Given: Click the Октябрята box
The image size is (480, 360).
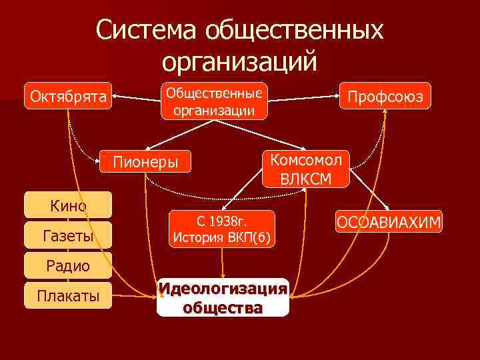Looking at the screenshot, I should pyautogui.click(x=68, y=97).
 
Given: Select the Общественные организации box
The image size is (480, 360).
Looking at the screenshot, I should pyautogui.click(x=214, y=101).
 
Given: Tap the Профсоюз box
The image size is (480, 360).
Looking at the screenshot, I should pyautogui.click(x=385, y=97).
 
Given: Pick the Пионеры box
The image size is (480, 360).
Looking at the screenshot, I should pyautogui.click(x=145, y=162).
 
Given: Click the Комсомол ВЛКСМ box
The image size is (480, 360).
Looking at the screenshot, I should pyautogui.click(x=305, y=169).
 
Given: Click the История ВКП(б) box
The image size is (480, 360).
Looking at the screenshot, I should pyautogui.click(x=221, y=229).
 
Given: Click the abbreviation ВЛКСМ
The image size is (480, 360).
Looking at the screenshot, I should pyautogui.click(x=305, y=179).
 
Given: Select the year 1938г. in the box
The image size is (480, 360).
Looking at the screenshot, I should pyautogui.click(x=230, y=221).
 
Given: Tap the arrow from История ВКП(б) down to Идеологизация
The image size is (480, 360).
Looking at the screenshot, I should pyautogui.click(x=223, y=262).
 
